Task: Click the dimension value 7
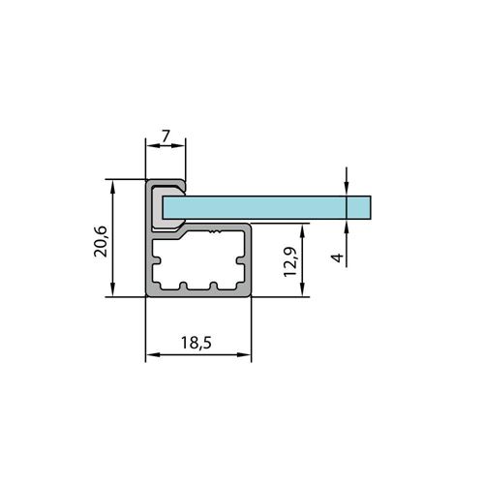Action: (x=166, y=136)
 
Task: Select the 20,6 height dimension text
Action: (x=101, y=241)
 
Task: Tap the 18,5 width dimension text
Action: (x=197, y=343)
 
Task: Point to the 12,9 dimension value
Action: (x=290, y=262)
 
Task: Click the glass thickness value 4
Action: (x=338, y=257)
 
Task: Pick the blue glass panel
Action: (x=267, y=207)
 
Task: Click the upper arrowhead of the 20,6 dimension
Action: (x=112, y=187)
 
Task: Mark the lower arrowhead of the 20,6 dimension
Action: (x=112, y=289)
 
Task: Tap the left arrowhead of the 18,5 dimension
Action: (x=153, y=354)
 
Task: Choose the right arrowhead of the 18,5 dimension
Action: (x=244, y=354)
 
